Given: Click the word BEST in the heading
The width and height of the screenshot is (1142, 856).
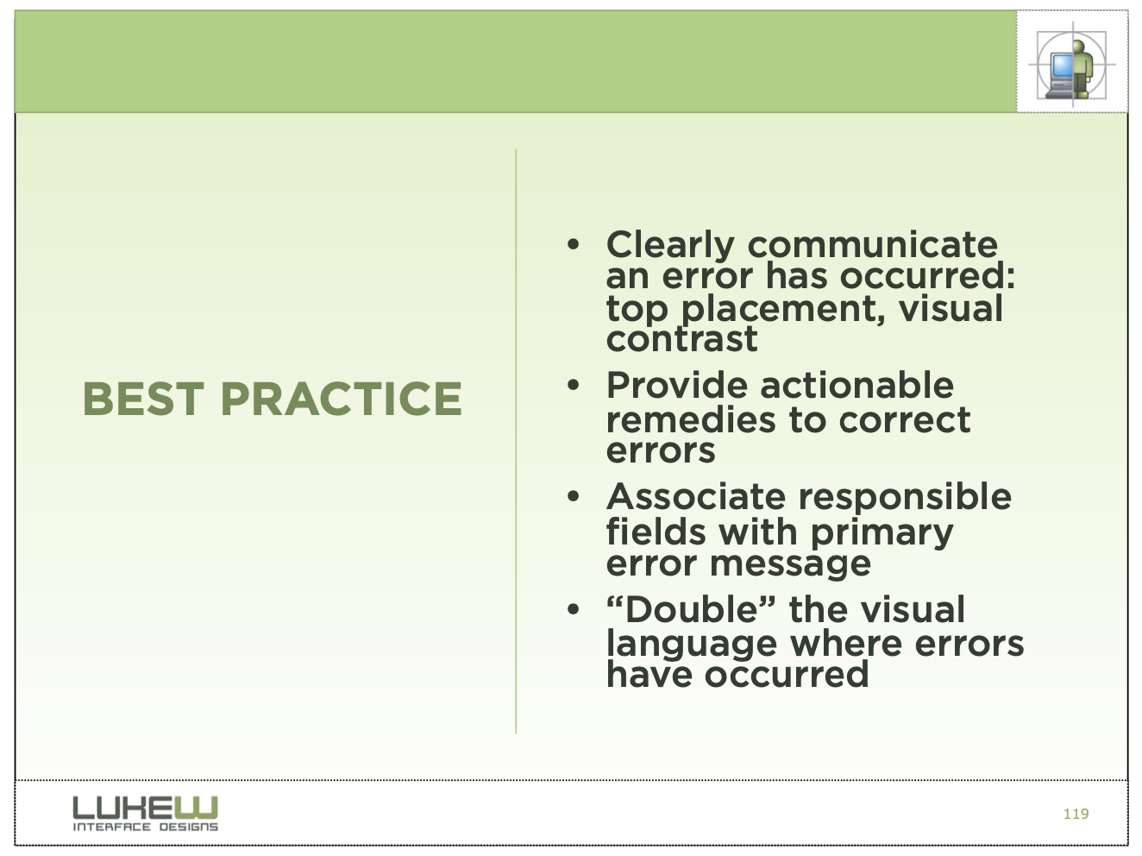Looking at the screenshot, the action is pos(143,399).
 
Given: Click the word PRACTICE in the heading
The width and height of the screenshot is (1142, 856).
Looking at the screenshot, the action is pos(342,399).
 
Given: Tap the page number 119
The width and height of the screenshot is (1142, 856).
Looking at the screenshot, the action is pos(1076,814).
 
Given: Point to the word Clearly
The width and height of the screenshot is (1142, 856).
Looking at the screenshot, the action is pos(670,245).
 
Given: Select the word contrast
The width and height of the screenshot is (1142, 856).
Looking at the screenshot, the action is pos(681,339).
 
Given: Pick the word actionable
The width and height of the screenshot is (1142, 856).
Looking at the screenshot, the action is pos(856,385).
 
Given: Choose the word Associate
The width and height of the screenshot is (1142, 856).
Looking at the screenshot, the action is pos(696,496).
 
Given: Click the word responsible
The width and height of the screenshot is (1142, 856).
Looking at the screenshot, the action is pos(906,498).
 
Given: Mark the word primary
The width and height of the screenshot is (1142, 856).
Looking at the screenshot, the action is pos(882,534).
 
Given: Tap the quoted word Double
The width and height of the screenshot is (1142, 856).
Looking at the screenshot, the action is pos(691,609).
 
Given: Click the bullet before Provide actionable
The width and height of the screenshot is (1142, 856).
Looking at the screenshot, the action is pos(574,385).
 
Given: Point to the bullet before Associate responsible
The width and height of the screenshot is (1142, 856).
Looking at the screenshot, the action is pos(574,496).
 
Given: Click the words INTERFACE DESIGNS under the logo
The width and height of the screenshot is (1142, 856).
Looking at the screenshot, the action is pos(145,827).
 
